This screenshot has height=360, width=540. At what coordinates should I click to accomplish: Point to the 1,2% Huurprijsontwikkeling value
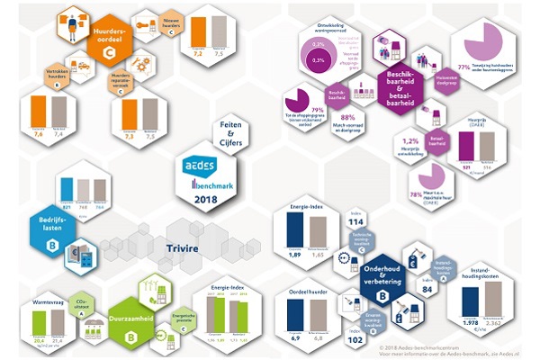411,141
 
